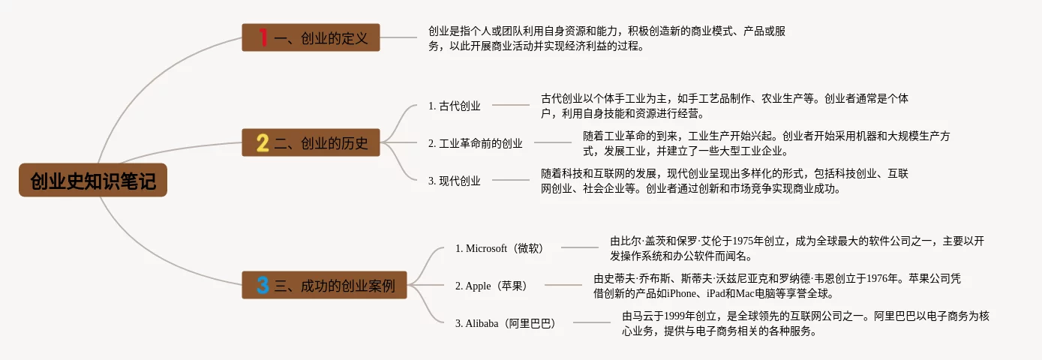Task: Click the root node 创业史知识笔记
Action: click(93, 180)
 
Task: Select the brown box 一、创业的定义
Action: click(311, 37)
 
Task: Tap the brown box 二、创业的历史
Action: click(311, 142)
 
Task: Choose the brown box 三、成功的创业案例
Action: click(324, 285)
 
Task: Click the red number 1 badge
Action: click(263, 37)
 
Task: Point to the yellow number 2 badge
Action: click(263, 142)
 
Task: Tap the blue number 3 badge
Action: click(263, 285)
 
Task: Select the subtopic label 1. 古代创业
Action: click(454, 106)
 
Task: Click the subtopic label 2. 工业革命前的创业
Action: click(476, 143)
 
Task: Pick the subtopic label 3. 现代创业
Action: click(454, 181)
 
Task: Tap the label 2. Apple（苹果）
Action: click(491, 286)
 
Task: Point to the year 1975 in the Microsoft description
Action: click(743, 241)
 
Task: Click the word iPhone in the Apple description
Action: click(683, 293)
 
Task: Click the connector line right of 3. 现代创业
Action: click(511, 180)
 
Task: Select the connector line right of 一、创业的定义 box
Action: click(398, 37)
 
